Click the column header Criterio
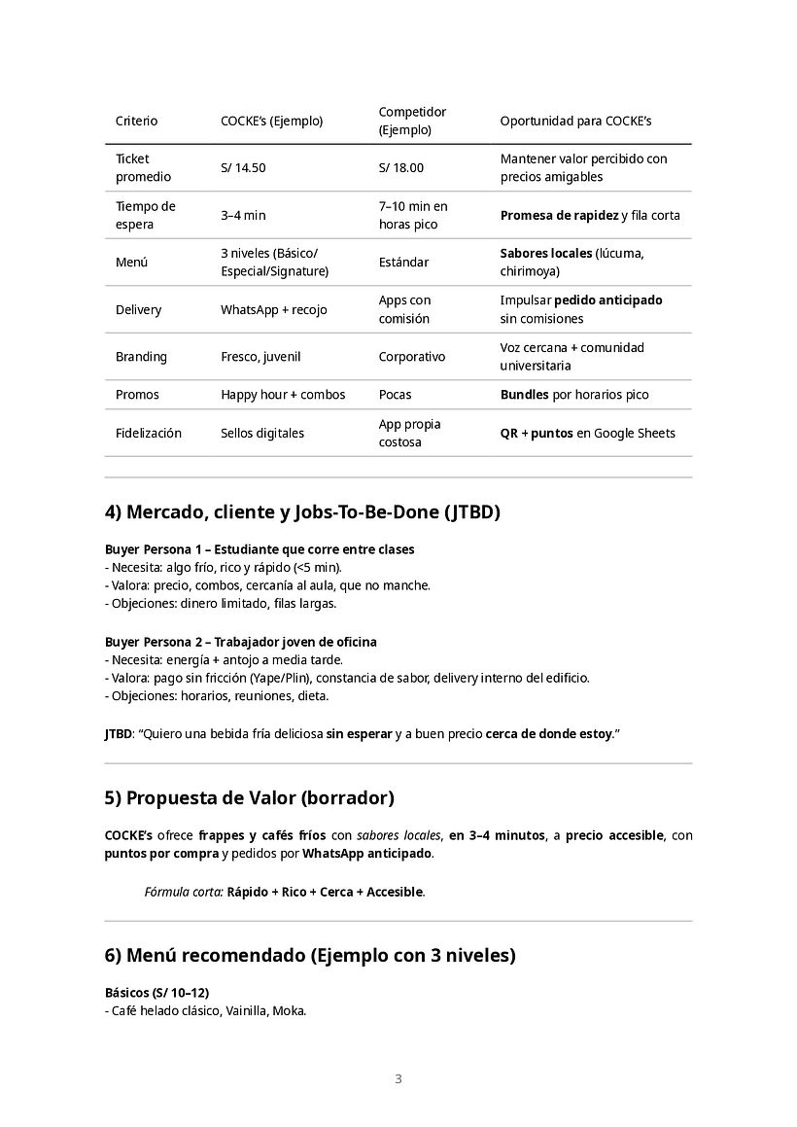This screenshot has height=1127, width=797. [x=136, y=122]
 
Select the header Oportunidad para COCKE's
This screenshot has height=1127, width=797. [x=575, y=122]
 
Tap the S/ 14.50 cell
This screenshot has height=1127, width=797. [x=243, y=168]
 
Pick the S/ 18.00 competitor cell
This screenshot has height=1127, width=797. [x=401, y=168]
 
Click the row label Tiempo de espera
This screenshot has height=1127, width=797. [x=145, y=215]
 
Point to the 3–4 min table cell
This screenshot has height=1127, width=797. [x=243, y=216]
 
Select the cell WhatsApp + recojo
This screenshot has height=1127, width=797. [x=274, y=310]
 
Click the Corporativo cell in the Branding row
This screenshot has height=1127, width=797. [x=412, y=357]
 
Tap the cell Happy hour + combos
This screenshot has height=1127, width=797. [x=283, y=395]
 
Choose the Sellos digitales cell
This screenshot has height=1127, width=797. [x=262, y=434]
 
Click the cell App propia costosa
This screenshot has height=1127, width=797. [x=409, y=433]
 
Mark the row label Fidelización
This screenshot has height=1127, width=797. [x=149, y=434]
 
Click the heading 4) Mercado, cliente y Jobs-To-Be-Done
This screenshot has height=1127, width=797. [x=302, y=512]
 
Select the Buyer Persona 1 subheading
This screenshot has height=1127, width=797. [x=260, y=549]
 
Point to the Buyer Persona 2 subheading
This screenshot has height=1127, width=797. [x=240, y=642]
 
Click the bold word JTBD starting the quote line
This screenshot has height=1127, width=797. [x=118, y=734]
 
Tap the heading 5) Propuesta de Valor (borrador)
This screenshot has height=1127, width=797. [x=249, y=798]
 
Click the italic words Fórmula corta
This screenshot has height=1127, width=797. [x=183, y=892]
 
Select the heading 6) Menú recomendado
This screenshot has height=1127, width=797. [x=309, y=956]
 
